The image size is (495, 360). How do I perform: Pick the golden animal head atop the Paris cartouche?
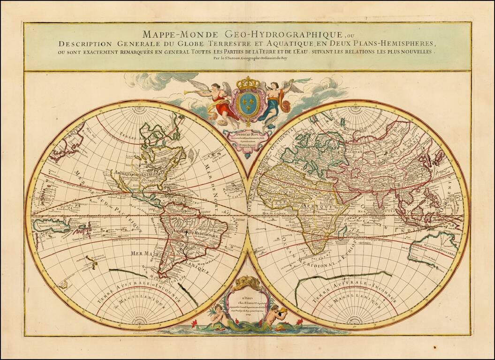coord(247,281)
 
